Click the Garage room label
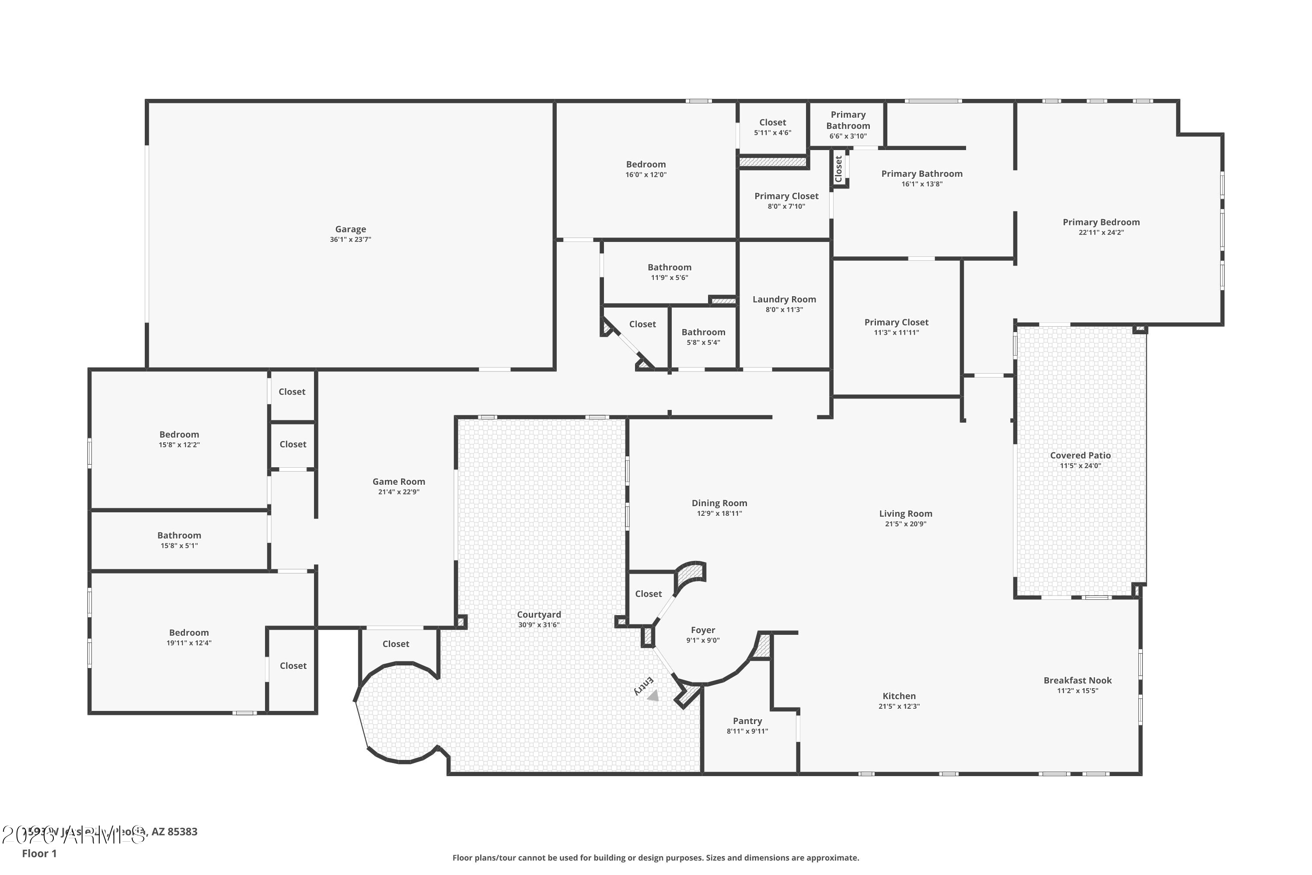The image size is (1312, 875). click(350, 229)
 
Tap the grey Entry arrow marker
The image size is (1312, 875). click(653, 695)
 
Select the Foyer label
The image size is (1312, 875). click(703, 630)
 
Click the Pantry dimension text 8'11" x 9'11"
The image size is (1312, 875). click(747, 731)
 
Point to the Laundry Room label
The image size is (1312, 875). click(784, 299)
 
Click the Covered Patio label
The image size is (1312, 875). click(1080, 455)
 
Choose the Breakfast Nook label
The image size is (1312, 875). click(1077, 680)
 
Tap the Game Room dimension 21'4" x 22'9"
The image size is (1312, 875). click(398, 492)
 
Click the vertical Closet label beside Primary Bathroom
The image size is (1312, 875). click(838, 168)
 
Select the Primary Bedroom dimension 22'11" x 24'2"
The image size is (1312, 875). click(1101, 232)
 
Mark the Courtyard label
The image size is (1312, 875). click(539, 614)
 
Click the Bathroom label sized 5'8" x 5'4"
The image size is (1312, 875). click(703, 332)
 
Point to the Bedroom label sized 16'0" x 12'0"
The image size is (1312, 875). click(646, 164)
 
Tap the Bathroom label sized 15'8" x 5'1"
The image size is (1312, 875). click(179, 535)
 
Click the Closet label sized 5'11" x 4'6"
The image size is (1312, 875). click(772, 122)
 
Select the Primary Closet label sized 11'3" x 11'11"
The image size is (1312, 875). click(896, 322)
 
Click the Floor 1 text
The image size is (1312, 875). click(39, 853)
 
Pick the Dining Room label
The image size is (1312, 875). click(719, 503)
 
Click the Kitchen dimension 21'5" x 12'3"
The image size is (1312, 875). click(899, 706)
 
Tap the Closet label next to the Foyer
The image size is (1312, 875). click(648, 594)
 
